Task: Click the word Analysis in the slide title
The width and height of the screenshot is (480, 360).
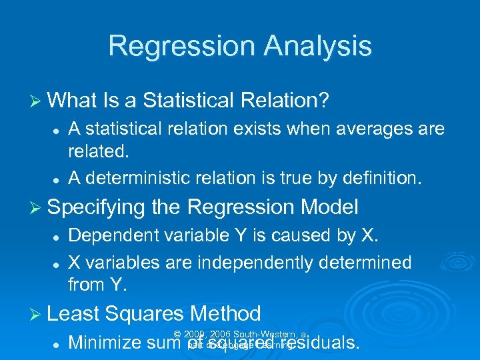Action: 316,46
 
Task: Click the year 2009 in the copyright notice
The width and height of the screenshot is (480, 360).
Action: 195,334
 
